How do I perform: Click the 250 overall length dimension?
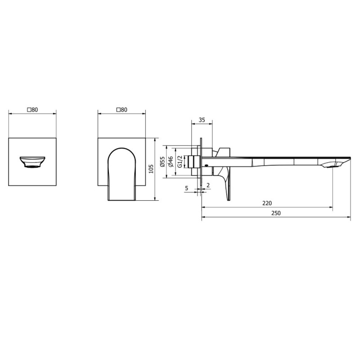[x=276, y=213]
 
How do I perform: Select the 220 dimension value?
[x=267, y=203]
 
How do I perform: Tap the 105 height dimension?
[x=151, y=169]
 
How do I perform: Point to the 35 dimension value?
[x=202, y=120]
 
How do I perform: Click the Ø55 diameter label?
[x=162, y=162]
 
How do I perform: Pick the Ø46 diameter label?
[x=171, y=162]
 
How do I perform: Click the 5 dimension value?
[x=186, y=188]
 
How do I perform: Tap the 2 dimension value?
[x=208, y=185]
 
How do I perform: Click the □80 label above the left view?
[x=32, y=110]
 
